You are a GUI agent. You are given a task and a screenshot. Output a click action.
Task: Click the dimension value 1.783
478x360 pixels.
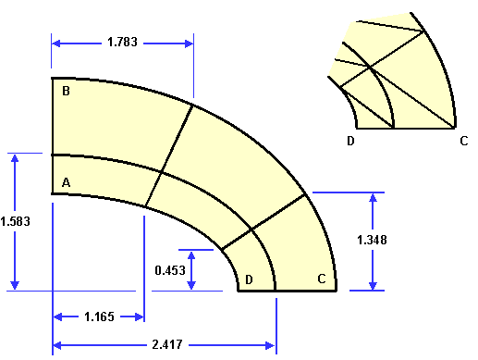coord(122,42)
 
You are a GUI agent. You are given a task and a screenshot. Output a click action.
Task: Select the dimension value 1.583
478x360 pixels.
coord(16,221)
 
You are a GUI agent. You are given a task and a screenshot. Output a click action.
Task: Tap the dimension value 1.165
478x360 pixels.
coord(99,317)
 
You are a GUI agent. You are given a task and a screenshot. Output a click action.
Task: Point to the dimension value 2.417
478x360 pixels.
coord(167,344)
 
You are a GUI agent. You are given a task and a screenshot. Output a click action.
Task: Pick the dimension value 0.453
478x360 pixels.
coord(170,270)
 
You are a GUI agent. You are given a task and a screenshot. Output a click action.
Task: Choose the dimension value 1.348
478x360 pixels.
coord(372,240)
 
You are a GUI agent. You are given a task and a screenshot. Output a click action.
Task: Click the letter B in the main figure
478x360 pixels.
coord(66,91)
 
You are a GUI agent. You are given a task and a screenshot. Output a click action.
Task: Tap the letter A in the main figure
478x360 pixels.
coord(67,182)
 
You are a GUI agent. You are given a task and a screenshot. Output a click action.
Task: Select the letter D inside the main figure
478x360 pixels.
coord(249,279)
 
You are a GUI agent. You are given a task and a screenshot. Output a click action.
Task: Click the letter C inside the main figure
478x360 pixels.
coord(322,279)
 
